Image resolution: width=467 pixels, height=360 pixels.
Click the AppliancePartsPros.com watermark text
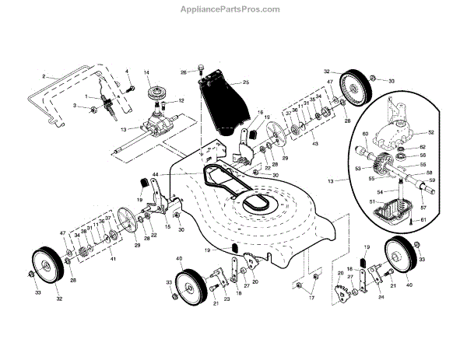(x=234, y=9)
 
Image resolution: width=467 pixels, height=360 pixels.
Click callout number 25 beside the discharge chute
(x=245, y=82)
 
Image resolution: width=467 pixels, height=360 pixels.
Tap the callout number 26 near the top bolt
(x=184, y=73)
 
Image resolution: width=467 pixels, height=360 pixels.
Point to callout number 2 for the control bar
(x=45, y=77)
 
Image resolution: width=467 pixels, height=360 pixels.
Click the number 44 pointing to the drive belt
(x=156, y=175)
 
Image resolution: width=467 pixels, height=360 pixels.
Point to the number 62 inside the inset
(x=422, y=147)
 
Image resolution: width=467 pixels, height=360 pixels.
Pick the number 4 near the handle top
(x=127, y=72)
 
